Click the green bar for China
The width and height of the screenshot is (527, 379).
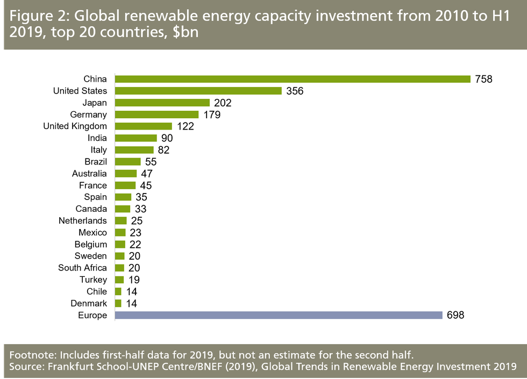click(x=293, y=79)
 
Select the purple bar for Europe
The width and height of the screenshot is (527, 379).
click(x=279, y=315)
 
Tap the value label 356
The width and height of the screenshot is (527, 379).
click(x=295, y=91)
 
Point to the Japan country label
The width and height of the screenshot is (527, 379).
click(x=95, y=103)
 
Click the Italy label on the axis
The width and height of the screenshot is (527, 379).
click(x=98, y=150)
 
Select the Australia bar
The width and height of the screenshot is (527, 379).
click(x=126, y=174)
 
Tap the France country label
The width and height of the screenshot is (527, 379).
click(x=93, y=185)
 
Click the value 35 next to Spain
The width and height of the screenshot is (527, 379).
click(x=141, y=197)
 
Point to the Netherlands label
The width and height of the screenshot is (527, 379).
click(x=83, y=220)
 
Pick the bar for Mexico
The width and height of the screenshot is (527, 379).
click(x=120, y=233)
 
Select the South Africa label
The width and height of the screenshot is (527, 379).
click(x=83, y=268)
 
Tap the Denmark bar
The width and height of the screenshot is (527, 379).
click(x=118, y=303)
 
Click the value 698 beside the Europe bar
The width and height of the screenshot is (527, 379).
click(x=455, y=315)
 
